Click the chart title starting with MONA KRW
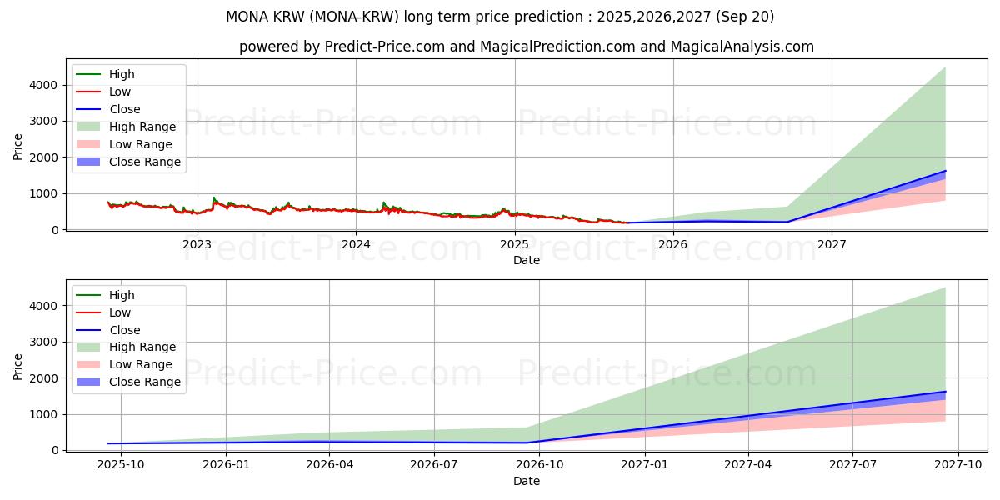pyautogui.click(x=500, y=17)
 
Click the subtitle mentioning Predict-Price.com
pyautogui.click(x=526, y=47)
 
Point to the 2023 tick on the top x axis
pyautogui.click(x=197, y=244)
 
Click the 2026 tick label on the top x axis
pyautogui.click(x=672, y=244)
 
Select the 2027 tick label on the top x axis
pyautogui.click(x=832, y=244)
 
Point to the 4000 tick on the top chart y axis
pyautogui.click(x=43, y=85)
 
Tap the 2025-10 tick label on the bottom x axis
pyautogui.click(x=121, y=465)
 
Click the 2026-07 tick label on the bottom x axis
pyautogui.click(x=434, y=465)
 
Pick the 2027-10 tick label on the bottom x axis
pyautogui.click(x=957, y=465)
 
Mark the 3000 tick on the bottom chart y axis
pyautogui.click(x=43, y=342)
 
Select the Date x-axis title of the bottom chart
pyautogui.click(x=526, y=481)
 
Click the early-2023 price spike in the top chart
pyautogui.click(x=214, y=198)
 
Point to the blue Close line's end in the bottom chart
pyautogui.click(x=945, y=392)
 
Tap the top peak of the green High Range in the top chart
pyautogui.click(x=945, y=67)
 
